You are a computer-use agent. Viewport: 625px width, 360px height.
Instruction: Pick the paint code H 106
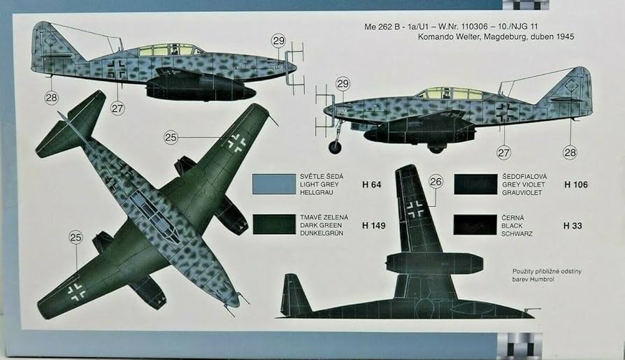[x=575, y=185]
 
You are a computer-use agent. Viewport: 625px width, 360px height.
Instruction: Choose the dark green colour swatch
[x=273, y=224]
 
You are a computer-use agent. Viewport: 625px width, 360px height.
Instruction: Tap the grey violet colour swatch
[x=475, y=184]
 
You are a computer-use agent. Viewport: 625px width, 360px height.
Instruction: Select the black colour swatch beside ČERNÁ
[x=475, y=224]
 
